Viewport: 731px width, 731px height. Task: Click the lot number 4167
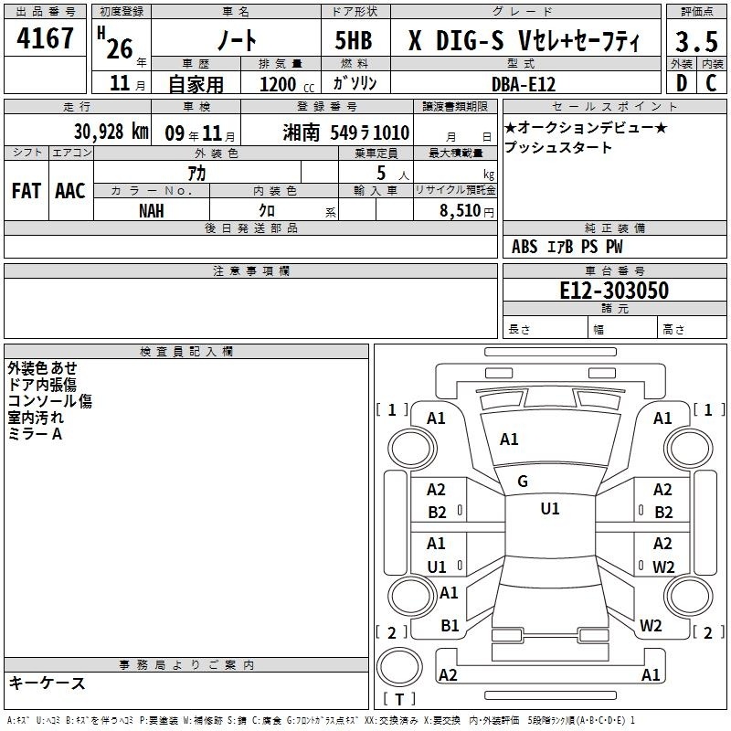45,38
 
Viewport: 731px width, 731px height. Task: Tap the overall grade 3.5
696,41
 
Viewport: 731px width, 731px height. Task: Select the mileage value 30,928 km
111,132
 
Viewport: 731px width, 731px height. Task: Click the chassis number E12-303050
614,291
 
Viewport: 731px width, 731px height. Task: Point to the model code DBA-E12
524,84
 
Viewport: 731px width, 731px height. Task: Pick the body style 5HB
354,40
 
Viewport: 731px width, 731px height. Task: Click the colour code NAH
152,211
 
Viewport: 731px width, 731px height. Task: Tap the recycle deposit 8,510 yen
467,211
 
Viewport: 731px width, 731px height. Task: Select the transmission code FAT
26,191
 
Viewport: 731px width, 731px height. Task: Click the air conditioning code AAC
70,191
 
